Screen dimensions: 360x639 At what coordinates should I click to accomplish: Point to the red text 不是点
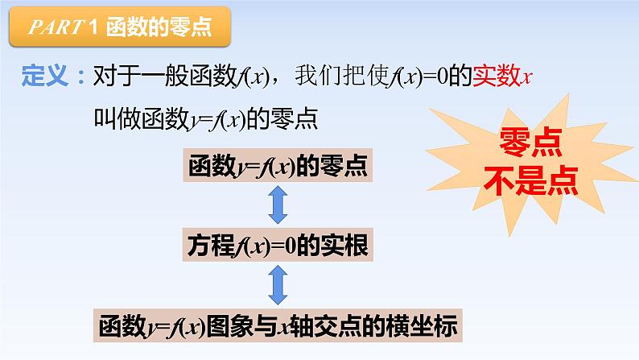click(x=530, y=181)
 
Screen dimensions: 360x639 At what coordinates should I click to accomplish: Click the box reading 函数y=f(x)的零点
click(x=278, y=167)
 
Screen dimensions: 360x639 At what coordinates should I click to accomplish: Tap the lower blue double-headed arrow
click(x=278, y=285)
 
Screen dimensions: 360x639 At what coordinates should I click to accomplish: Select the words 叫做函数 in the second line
click(x=142, y=121)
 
